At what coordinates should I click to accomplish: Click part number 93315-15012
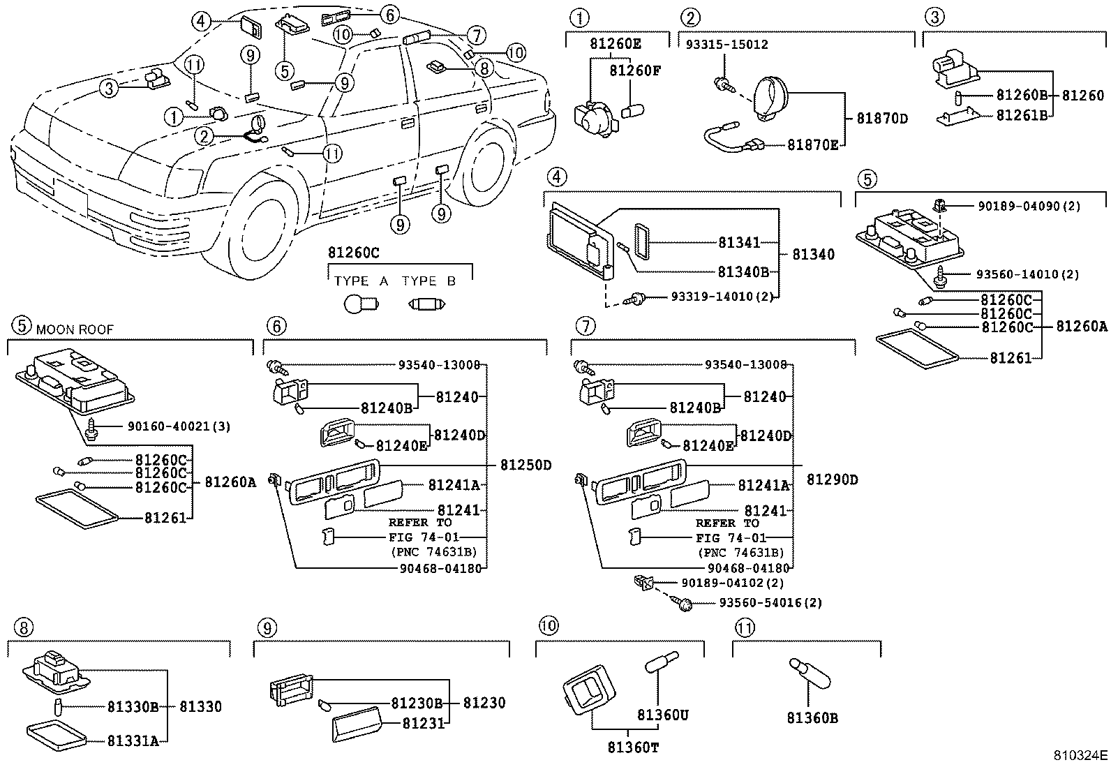(726, 45)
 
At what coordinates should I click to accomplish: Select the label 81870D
(882, 119)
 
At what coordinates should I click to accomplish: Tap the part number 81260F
(634, 70)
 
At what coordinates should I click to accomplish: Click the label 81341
(740, 243)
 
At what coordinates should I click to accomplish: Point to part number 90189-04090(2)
(1029, 207)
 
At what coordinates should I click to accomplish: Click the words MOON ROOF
(75, 329)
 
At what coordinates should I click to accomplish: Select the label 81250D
(525, 465)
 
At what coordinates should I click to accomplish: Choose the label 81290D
(833, 479)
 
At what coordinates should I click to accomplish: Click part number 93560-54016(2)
(770, 603)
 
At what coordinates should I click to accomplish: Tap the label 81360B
(812, 717)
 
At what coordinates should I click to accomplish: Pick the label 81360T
(633, 748)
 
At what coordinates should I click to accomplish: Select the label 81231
(423, 724)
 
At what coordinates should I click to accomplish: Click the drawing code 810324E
(1080, 755)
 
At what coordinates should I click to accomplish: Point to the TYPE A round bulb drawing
(361, 304)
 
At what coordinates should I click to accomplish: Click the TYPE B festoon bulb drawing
(426, 304)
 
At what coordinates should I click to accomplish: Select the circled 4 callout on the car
(201, 22)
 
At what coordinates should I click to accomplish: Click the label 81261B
(1022, 116)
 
